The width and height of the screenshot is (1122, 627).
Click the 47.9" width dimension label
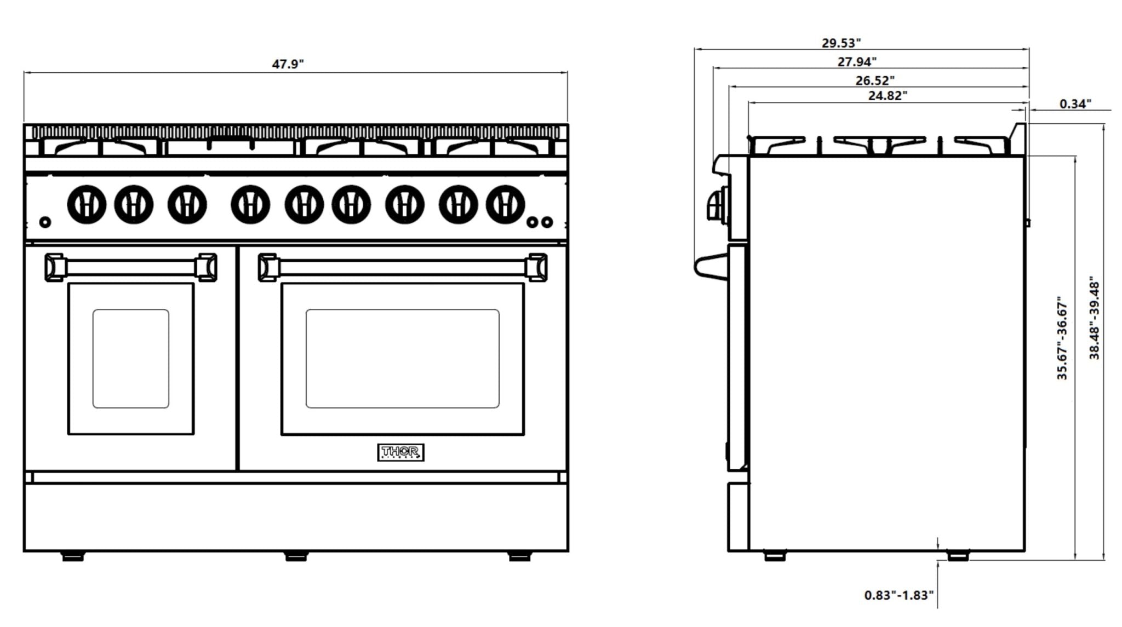[288, 64]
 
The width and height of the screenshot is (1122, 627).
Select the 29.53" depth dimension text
[841, 43]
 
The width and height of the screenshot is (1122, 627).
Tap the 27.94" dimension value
[857, 62]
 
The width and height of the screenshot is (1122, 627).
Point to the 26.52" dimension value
[875, 80]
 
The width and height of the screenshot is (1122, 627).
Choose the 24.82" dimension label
[888, 95]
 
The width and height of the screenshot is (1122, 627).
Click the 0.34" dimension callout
[1075, 103]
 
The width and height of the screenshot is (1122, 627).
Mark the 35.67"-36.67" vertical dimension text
[1062, 338]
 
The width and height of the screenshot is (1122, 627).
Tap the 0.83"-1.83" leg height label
[898, 595]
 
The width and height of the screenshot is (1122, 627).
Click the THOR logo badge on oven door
[400, 452]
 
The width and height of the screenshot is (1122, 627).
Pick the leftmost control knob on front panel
[87, 204]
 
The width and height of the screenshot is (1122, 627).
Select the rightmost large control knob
[505, 204]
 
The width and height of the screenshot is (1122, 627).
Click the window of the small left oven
[130, 359]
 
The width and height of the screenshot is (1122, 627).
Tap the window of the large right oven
[402, 359]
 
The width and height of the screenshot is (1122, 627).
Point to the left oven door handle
[130, 267]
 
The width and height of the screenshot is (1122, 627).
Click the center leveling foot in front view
[296, 556]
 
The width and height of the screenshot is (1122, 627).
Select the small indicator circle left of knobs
[45, 222]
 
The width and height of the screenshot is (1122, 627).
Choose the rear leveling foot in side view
[958, 556]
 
